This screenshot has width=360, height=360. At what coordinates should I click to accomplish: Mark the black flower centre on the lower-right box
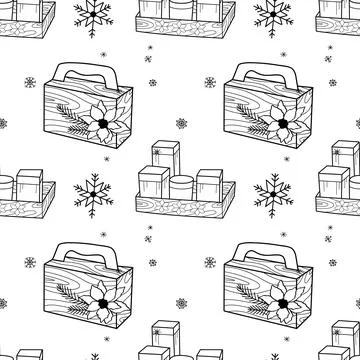pos(283,304)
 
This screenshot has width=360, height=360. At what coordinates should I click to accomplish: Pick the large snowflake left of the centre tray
pos(91,193)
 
